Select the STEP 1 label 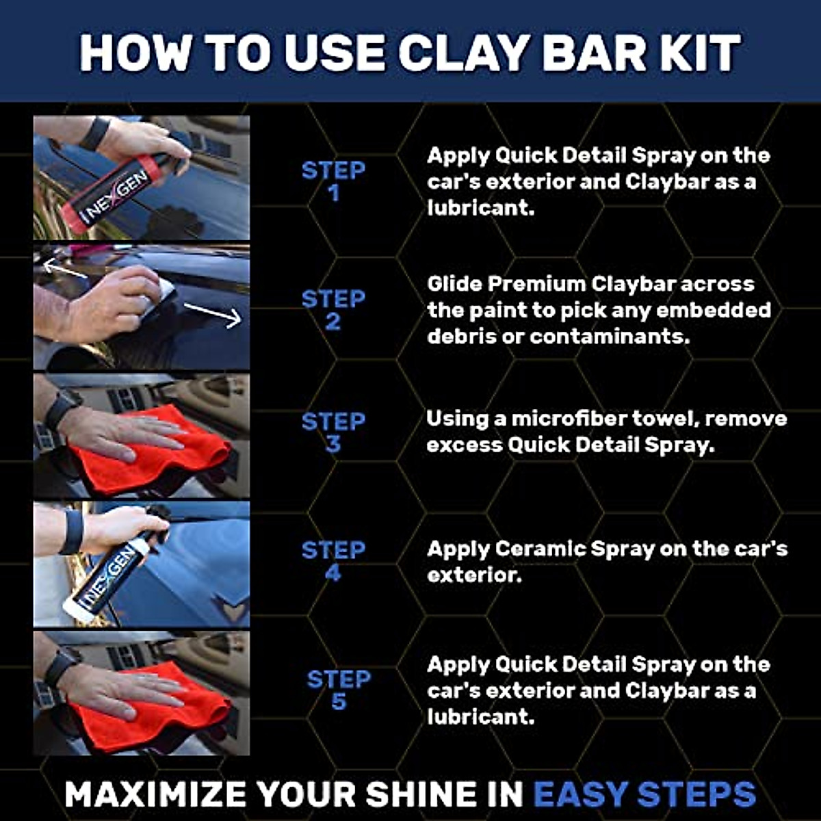tap(333, 181)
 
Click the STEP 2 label tap(333, 310)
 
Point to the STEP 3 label tap(333, 432)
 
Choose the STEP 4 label tap(333, 561)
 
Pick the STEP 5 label tap(339, 690)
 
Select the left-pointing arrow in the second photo tap(65, 269)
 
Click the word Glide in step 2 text tap(455, 284)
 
